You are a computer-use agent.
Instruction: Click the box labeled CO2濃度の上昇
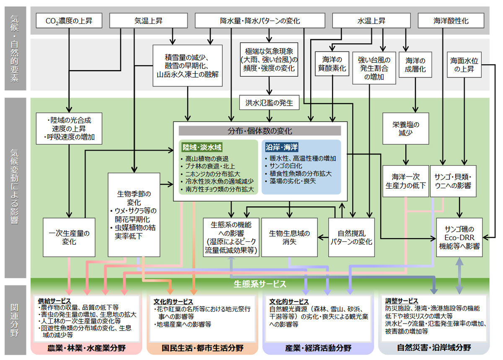click(x=69, y=21)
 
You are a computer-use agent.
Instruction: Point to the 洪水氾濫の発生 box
click(x=266, y=101)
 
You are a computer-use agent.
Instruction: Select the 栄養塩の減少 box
click(x=406, y=128)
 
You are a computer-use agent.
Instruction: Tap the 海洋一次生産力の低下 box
click(x=405, y=181)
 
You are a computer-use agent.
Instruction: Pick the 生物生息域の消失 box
click(x=289, y=237)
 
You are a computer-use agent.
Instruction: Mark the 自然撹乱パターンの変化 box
click(x=350, y=237)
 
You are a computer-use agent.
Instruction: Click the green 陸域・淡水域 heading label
click(x=202, y=148)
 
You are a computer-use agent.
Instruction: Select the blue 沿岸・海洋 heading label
click(x=282, y=148)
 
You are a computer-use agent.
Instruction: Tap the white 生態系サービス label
click(x=260, y=284)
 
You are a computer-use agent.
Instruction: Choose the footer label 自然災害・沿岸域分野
click(x=434, y=348)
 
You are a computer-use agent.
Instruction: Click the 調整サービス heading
click(x=402, y=301)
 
